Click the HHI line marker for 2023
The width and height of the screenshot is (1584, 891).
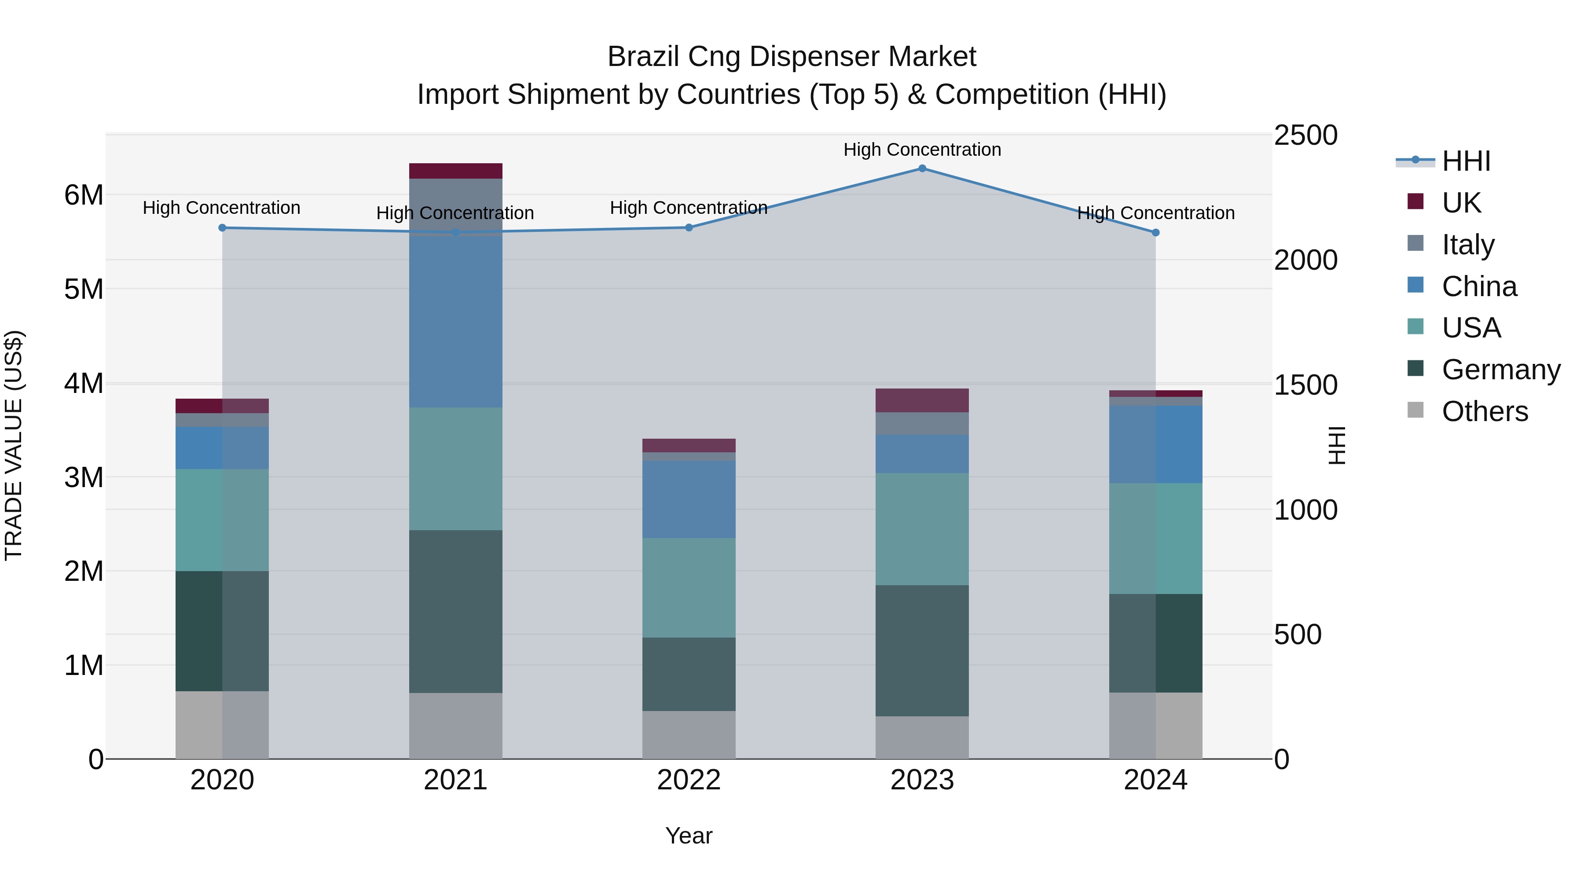tap(922, 169)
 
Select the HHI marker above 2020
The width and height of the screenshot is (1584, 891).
tap(223, 228)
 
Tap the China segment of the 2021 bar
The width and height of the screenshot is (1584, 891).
tap(456, 320)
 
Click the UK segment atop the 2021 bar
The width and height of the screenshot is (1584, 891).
tap(456, 171)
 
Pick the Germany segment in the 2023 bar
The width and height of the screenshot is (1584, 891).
tap(922, 651)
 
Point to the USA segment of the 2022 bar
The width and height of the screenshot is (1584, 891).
tap(689, 588)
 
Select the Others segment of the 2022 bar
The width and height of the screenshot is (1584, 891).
tap(689, 735)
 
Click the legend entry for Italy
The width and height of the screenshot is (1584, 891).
tap(1468, 245)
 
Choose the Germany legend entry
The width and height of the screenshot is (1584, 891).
tap(1500, 370)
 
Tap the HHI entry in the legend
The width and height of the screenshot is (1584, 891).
tap(1466, 161)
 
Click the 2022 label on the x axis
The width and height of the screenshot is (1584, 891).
tap(689, 780)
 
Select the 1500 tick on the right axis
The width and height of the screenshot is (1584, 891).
tap(1305, 385)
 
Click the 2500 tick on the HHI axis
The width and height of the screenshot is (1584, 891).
tap(1305, 135)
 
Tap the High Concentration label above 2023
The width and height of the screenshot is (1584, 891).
tap(922, 150)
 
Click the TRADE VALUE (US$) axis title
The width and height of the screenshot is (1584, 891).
tap(14, 445)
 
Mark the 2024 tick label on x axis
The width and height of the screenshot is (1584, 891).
tap(1155, 780)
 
